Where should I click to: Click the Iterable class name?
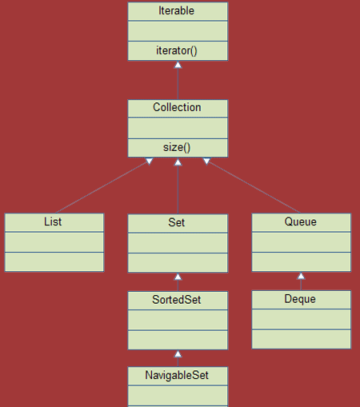[x=178, y=12]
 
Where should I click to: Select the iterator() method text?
[x=178, y=50]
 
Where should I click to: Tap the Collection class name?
[x=178, y=108]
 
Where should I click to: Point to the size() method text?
[x=178, y=147]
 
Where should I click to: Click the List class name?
[x=54, y=222]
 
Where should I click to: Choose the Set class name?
[x=178, y=222]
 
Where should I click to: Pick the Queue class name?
[x=301, y=222]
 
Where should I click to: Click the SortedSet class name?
[x=178, y=300]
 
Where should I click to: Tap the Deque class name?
[x=301, y=300]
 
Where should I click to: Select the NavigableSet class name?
[x=178, y=376]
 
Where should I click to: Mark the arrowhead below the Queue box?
[x=301, y=276]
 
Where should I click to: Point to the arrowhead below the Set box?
[x=178, y=277]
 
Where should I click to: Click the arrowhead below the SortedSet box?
[x=178, y=353]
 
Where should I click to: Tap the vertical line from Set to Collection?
[x=178, y=188]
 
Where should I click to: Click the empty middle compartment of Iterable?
[x=178, y=31]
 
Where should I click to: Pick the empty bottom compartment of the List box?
[x=54, y=261]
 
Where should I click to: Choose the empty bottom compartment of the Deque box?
[x=301, y=339]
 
